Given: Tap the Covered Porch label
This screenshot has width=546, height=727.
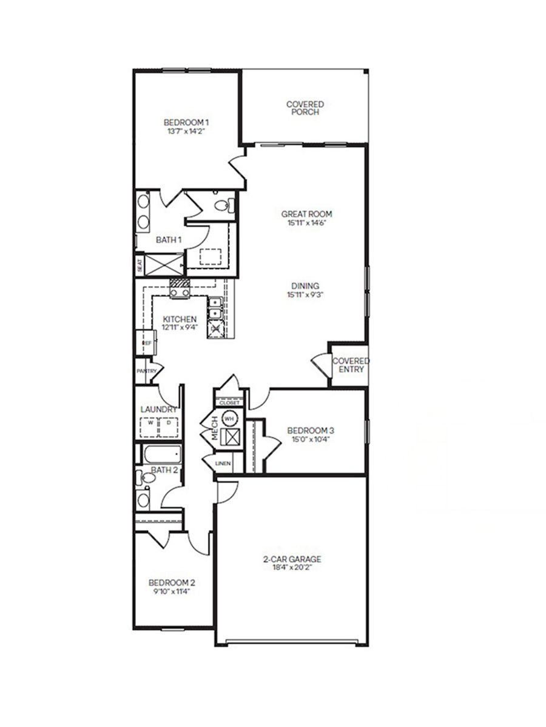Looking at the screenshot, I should tap(305, 104).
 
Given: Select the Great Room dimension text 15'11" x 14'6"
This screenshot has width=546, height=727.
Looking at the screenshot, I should tap(307, 223).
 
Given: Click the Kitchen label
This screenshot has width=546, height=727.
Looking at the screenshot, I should tap(179, 319).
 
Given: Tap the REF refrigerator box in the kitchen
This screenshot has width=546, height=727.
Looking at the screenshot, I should tap(146, 344).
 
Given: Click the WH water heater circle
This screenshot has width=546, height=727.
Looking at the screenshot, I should tap(230, 417).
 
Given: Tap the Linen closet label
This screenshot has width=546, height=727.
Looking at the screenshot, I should tap(222, 463).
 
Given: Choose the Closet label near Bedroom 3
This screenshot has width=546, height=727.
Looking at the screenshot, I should tap(229, 402).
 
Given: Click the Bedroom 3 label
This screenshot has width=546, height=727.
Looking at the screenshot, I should tap(311, 431).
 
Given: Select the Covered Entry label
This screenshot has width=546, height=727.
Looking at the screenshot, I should tap(350, 365).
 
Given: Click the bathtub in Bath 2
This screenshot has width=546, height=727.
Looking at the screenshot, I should tap(161, 453).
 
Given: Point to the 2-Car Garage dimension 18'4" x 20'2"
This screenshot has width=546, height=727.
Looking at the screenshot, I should tap(292, 568).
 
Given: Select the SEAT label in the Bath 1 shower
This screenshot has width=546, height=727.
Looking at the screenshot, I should tap(139, 265).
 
